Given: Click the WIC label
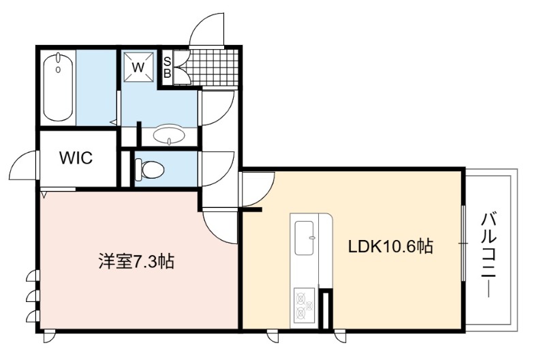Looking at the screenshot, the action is [76, 157].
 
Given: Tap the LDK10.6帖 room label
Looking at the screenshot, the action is [391, 246].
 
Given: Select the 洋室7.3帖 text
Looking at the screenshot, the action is [136, 261].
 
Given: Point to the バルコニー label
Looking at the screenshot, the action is [489, 256].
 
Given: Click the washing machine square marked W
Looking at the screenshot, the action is [139, 67].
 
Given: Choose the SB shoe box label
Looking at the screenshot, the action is [167, 67].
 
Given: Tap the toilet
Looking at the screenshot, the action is [149, 170].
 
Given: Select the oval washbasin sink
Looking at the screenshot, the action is [169, 134].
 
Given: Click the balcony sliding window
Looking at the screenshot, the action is [463, 243].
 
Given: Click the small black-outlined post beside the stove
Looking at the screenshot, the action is [326, 310].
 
